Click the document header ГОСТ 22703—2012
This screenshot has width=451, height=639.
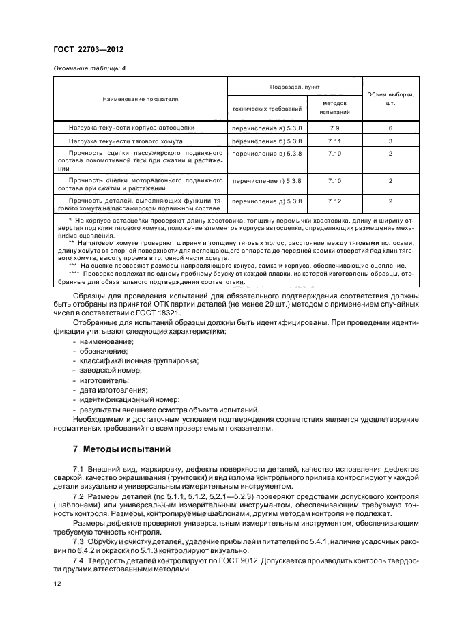pyautogui.click(x=85, y=51)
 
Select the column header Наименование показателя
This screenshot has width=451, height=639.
pyautogui.click(x=140, y=99)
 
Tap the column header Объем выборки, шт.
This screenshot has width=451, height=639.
pyautogui.click(x=390, y=99)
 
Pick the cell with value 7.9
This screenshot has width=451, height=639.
pyautogui.click(x=334, y=128)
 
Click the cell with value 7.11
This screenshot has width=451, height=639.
pyautogui.click(x=334, y=141)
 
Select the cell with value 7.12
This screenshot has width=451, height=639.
pyautogui.click(x=334, y=201)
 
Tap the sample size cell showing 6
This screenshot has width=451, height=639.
pyautogui.click(x=390, y=128)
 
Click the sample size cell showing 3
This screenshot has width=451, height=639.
pyautogui.click(x=390, y=141)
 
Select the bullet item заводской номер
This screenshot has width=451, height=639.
pyautogui.click(x=111, y=369)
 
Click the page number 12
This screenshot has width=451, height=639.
pyautogui.click(x=57, y=584)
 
